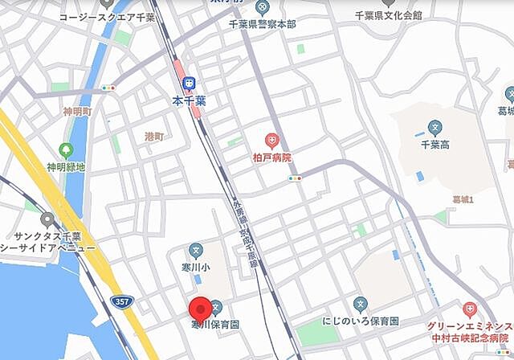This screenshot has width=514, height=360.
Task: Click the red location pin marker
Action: tap(199, 309)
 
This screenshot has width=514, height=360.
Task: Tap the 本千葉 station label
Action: tap(190, 100)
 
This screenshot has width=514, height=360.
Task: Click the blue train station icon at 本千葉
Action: tap(190, 83)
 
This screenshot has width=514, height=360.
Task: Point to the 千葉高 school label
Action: tap(435, 145)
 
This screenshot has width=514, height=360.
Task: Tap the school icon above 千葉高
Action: tap(435, 127)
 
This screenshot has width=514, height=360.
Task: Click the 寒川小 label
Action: tap(195, 267)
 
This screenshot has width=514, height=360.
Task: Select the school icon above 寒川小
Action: tap(195, 250)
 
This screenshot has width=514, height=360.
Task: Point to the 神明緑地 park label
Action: tap(66, 167)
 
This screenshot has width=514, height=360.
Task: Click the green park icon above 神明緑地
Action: tap(66, 149)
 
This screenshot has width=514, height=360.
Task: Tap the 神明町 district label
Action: tap(78, 111)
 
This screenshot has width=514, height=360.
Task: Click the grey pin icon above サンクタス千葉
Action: tap(47, 219)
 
